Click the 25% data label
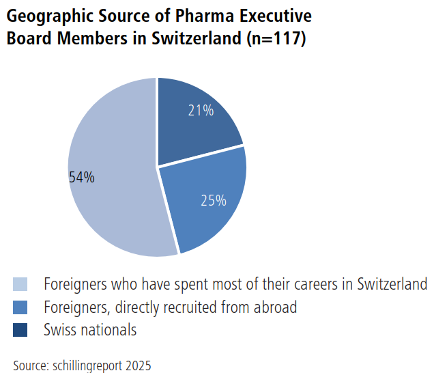(x=213, y=200)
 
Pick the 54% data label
(x=82, y=178)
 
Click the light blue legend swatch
(x=20, y=284)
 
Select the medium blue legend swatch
(x=20, y=307)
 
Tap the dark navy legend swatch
(x=20, y=330)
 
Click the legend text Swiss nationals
(x=90, y=330)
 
